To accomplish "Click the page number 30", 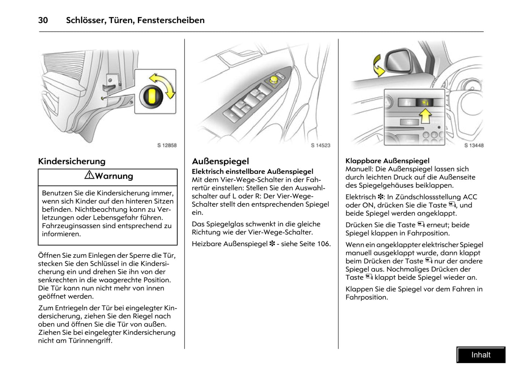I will tap(43, 20).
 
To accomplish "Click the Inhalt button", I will tap(481, 355).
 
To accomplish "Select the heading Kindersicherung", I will tap(72, 161).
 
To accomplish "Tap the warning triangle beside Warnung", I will tap(89, 175).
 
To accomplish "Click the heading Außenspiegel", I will tap(220, 161).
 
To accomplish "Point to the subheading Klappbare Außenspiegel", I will tap(387, 161).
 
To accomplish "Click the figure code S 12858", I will tap(167, 145).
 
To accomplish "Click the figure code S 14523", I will tap(321, 145).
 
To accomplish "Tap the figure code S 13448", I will tap(474, 145).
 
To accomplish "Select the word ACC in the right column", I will tap(470, 197).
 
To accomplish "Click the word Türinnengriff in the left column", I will tap(90, 341).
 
